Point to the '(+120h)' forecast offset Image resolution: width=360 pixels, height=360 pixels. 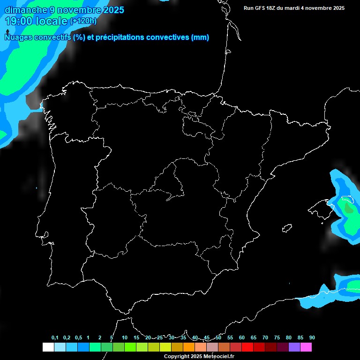[x=83, y=21]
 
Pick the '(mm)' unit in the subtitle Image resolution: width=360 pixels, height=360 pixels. [x=200, y=37]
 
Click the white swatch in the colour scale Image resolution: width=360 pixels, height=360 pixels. [x=48, y=347]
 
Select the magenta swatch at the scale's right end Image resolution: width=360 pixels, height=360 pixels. [x=306, y=347]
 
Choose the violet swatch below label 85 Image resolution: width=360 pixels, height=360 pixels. [x=294, y=347]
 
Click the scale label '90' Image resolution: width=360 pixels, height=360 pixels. [x=312, y=337]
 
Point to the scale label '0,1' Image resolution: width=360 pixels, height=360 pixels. [x=55, y=337]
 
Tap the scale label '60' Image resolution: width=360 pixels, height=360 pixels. [x=242, y=337]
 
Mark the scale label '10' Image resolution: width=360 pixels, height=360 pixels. [x=125, y=337]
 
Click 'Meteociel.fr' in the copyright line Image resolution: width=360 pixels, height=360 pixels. [x=218, y=357]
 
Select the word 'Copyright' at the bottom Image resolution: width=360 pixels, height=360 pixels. [x=177, y=357]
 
